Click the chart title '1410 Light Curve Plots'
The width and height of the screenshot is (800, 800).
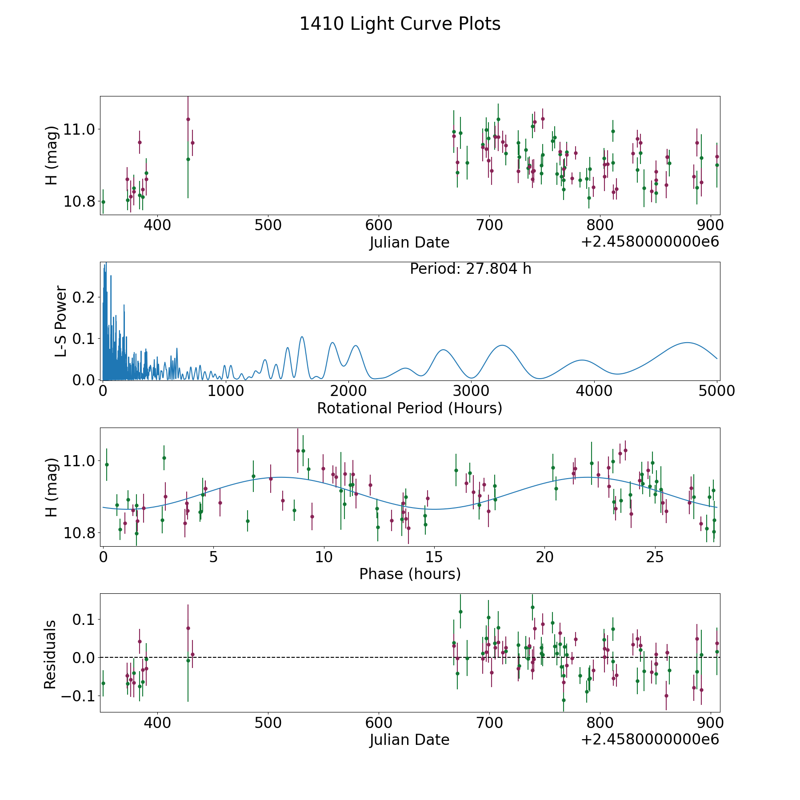coord(400,24)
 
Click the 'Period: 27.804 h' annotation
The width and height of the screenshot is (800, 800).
coord(470,269)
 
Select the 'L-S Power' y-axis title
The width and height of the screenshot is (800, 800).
coord(61,321)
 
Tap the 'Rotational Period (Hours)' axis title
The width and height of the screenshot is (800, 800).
coord(409,408)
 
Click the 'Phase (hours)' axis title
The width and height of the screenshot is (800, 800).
coord(410,574)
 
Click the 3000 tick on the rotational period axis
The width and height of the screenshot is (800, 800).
coord(471,391)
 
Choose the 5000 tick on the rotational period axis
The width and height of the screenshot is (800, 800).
coord(717,391)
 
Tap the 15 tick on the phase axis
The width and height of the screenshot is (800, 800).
coord(434,557)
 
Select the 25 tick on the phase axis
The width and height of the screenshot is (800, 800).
coord(655,557)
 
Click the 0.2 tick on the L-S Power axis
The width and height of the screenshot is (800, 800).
coord(84,297)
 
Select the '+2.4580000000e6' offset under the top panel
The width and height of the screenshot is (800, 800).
coord(650,242)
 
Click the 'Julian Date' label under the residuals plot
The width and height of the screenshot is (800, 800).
coord(409,740)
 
